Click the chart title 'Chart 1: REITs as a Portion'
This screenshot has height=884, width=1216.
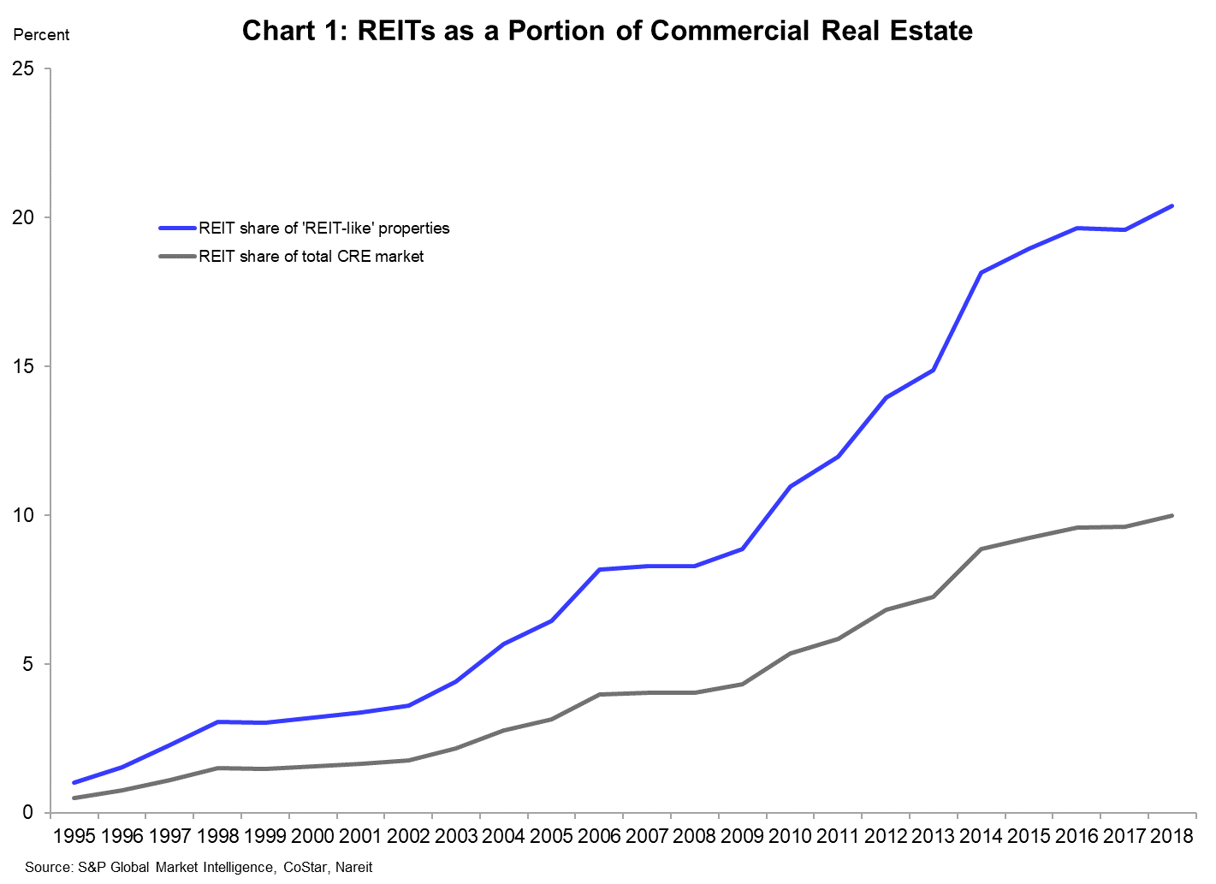point(607,31)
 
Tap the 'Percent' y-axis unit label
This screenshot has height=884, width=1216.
point(41,35)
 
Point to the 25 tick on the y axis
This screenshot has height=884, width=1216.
point(23,68)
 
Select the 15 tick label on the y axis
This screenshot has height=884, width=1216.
point(23,366)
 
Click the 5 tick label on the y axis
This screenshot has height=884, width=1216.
point(28,664)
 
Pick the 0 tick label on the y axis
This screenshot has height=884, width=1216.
point(28,812)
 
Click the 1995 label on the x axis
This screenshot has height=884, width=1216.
point(74,836)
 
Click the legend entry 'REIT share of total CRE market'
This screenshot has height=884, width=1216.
point(311,257)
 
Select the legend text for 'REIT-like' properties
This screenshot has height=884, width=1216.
point(324,228)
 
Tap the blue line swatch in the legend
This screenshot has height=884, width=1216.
point(178,228)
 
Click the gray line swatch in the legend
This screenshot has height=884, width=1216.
point(178,257)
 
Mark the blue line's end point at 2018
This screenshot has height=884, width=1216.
point(1172,206)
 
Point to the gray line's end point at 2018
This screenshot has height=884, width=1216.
point(1172,515)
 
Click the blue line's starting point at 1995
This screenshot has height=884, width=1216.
point(74,782)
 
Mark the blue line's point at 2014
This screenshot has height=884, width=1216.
point(981,273)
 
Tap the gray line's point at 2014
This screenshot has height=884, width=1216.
point(981,549)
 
